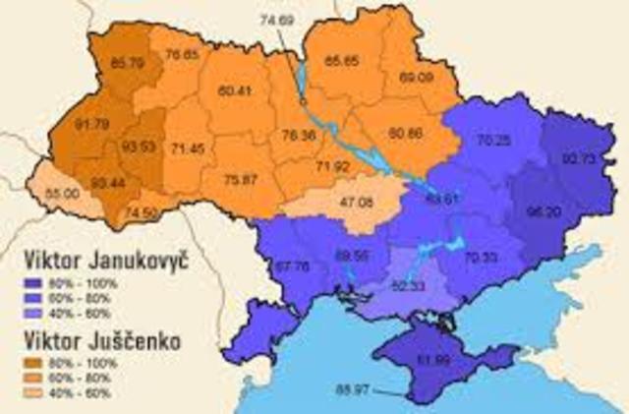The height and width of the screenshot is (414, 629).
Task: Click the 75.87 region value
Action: pos(242,179)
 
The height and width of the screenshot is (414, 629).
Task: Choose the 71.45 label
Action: pos(187,148)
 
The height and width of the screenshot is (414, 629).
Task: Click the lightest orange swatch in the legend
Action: pos(35,393)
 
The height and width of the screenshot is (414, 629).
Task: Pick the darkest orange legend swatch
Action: pos(35,362)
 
